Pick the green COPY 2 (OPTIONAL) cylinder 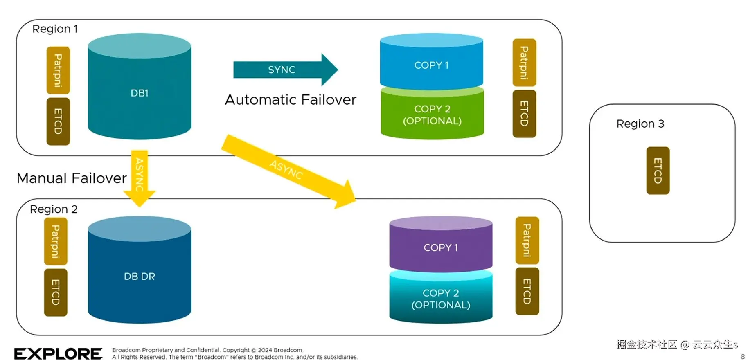pos(432,115)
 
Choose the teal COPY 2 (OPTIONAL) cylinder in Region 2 pos(441,299)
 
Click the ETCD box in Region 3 pos(658,171)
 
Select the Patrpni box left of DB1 pos(58,70)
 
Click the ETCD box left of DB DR pos(56,292)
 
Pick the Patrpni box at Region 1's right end pos(524,63)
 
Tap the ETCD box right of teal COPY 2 pos(527,291)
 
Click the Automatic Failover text pos(291,100)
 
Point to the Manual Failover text pos(72,178)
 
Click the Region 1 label pos(55,29)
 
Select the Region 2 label pos(54,209)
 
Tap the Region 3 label pos(640,124)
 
